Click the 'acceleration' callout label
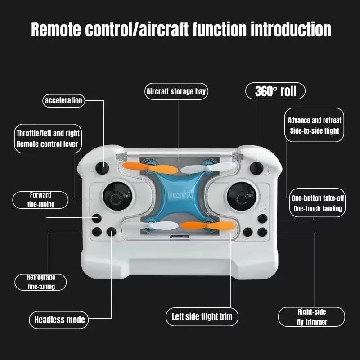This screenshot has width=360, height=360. tap(63, 100)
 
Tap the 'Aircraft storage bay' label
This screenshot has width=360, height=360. tap(176, 92)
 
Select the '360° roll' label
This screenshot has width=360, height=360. tap(275, 91)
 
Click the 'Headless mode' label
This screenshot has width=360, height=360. tap(59, 320)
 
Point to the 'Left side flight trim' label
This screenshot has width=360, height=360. tap(202, 316)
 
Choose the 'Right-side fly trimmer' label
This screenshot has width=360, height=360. tap(311, 317)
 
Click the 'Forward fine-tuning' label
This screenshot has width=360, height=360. tap(40, 200)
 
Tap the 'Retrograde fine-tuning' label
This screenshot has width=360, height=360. tap(40, 282)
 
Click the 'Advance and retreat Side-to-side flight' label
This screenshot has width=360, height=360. tap(315, 126)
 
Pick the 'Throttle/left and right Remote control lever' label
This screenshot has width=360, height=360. tap(48, 139)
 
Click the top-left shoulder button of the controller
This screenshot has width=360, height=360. tap(103, 167)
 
